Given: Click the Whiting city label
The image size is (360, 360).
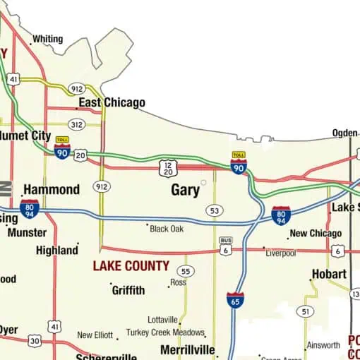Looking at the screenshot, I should coord(47,39).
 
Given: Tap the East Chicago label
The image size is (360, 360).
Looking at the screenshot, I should coord(112,103).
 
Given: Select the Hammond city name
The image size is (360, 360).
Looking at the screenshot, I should coord(52,189).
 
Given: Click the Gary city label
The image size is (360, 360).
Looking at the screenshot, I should coord(185,190).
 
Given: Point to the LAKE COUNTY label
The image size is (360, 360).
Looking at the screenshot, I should coord(131,266).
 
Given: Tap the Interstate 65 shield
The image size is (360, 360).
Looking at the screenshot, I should coord(236,300).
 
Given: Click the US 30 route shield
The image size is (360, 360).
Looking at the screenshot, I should coord(34,340).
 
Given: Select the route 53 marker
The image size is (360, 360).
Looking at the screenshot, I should coord(215,211).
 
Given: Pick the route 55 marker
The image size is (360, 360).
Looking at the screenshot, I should coord(185,271).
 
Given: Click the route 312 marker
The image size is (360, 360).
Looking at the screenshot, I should coord(77,125).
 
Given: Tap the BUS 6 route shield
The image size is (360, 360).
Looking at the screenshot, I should coord(226,246).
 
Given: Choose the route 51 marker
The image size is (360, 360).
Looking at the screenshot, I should coord(305,311).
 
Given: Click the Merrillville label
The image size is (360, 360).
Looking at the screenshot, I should coord(187,350).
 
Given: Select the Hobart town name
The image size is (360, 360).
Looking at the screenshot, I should coord(329,274).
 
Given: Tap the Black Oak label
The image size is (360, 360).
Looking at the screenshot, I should coord(167,229).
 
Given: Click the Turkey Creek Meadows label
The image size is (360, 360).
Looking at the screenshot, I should coord(165,332).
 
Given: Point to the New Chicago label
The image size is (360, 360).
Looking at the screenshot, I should coord(316,234).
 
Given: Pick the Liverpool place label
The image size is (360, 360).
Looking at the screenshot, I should coord(280,253).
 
